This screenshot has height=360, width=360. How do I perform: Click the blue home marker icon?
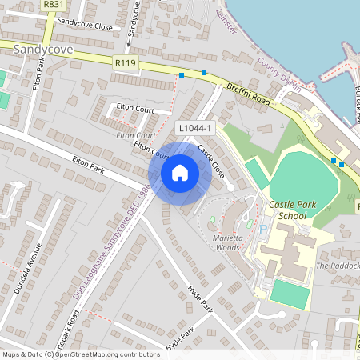(x=180, y=172)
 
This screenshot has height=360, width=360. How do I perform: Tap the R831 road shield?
(x=54, y=5)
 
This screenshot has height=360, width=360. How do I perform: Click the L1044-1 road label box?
(x=195, y=128)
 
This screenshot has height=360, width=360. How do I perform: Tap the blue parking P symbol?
(x=263, y=229)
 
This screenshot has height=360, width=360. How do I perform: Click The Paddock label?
(x=338, y=266)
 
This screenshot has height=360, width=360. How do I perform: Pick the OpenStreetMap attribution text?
(x=81, y=354)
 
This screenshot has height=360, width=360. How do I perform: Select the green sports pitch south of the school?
(x=289, y=294)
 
